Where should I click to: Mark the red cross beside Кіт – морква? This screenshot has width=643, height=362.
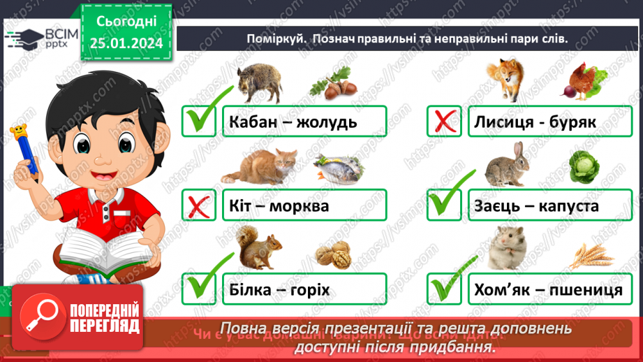pos(198,206)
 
